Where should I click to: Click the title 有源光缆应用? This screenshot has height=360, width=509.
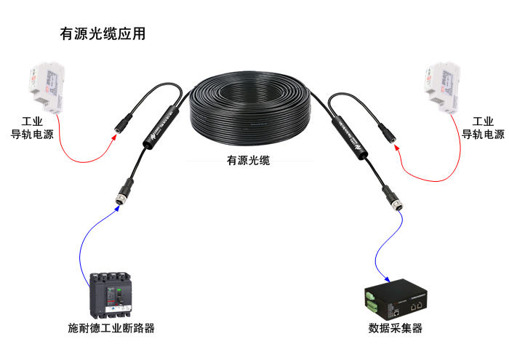point(102,33)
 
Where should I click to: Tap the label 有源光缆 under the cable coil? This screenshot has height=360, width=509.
point(248,160)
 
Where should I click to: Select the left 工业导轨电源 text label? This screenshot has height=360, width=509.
point(32,128)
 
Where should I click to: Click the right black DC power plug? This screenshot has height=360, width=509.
point(386,132)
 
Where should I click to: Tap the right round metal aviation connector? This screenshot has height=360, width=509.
point(396,204)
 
